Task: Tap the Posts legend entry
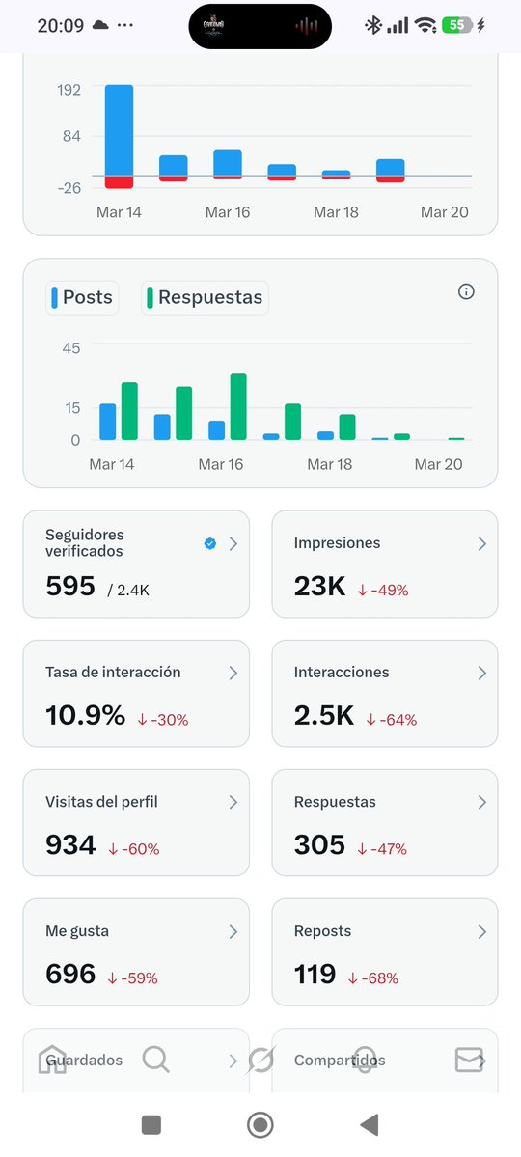[81, 297]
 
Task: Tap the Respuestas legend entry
[205, 297]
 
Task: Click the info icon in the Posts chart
[466, 291]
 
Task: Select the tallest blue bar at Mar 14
[119, 130]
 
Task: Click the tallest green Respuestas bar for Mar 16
[238, 406]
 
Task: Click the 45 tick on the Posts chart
[71, 347]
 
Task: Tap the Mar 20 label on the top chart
[444, 212]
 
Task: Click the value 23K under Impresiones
[319, 586]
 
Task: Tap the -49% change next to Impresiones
[383, 590]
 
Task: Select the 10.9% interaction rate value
[85, 715]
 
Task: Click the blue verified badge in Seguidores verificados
[210, 543]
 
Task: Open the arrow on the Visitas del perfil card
[233, 802]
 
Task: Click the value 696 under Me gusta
[70, 974]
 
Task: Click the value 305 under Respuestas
[319, 844]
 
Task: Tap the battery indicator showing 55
[456, 26]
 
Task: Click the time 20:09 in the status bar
[60, 26]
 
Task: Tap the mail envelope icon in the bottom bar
[469, 1060]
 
